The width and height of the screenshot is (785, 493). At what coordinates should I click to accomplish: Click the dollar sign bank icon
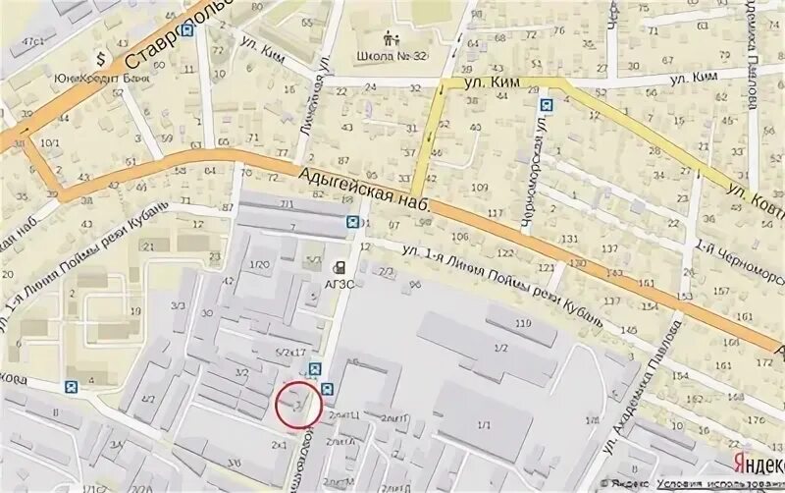click(x=100, y=55)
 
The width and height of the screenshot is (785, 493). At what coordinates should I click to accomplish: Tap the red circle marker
click(x=297, y=403)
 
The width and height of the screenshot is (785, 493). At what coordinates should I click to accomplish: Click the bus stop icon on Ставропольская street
click(x=187, y=30)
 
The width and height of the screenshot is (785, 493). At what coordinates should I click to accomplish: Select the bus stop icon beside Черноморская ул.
click(x=547, y=101)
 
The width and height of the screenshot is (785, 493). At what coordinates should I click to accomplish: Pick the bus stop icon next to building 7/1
click(x=351, y=222)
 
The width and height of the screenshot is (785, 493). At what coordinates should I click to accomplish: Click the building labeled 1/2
click(x=500, y=349)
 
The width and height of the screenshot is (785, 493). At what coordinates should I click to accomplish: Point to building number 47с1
click(x=34, y=40)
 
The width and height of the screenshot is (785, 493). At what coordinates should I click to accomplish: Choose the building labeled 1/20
click(x=260, y=264)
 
